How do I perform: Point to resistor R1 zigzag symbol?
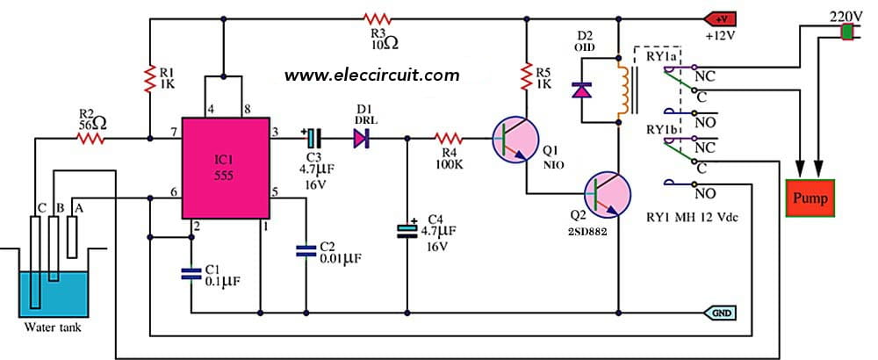(x=150, y=82)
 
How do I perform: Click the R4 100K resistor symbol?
(x=449, y=138)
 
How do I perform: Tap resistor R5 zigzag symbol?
(x=525, y=72)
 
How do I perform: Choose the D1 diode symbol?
(x=361, y=138)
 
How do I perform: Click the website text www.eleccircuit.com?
(x=371, y=76)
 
